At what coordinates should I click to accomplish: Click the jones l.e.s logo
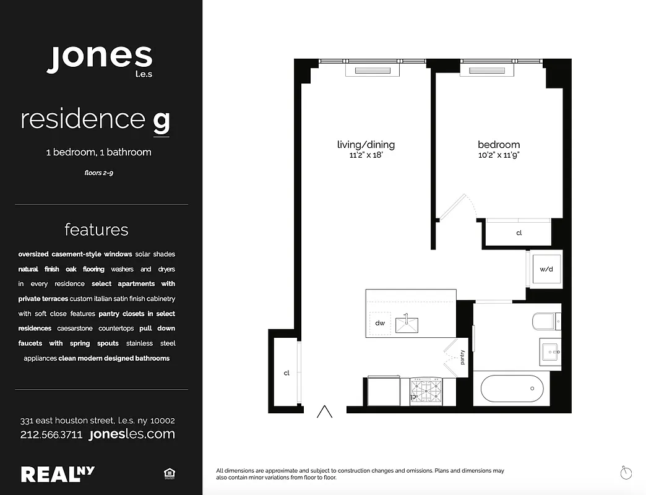click(x=100, y=59)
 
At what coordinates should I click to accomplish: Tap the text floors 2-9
click(x=98, y=173)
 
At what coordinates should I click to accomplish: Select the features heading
click(x=97, y=230)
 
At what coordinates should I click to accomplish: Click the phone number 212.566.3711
click(x=51, y=434)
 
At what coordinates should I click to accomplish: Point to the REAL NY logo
click(x=58, y=474)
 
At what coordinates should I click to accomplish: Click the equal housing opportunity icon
click(x=168, y=474)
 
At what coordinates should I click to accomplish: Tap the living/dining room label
click(x=366, y=145)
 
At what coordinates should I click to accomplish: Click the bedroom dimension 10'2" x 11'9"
click(x=498, y=155)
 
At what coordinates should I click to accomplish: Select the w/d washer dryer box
click(x=546, y=269)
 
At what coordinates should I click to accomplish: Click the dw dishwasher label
click(x=379, y=323)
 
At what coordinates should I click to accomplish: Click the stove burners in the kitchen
click(x=427, y=391)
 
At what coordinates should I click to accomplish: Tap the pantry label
click(x=462, y=358)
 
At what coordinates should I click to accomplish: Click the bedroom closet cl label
click(x=519, y=233)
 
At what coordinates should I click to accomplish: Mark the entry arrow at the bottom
click(x=325, y=411)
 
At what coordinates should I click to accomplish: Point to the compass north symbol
click(x=626, y=473)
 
